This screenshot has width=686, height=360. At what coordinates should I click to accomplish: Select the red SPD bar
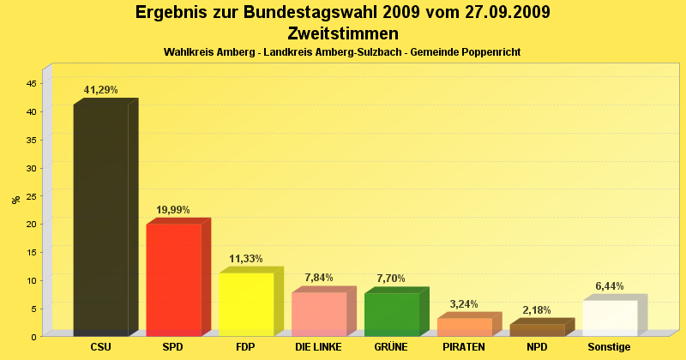[x=173, y=279]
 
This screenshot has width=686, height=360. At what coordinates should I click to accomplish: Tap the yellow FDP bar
[x=246, y=303]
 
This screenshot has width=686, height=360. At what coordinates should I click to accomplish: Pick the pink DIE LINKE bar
[x=319, y=314]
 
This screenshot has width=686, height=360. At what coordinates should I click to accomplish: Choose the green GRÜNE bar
[x=392, y=314]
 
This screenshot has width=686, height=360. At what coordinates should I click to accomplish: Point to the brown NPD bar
[x=537, y=329]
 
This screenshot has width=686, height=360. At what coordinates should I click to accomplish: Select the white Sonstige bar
[x=610, y=317]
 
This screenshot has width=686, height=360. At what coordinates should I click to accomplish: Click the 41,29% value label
[x=100, y=90]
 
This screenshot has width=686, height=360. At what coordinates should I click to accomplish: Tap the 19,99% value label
[x=173, y=210]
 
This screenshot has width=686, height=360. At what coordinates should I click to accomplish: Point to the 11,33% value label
[x=246, y=259]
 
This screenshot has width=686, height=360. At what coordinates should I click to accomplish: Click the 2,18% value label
[x=537, y=310]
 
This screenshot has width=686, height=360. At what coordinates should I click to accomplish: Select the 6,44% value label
[x=610, y=286]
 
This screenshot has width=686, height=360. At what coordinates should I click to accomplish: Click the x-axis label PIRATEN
[x=464, y=347]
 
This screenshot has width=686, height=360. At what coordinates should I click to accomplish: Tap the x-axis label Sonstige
[x=609, y=347]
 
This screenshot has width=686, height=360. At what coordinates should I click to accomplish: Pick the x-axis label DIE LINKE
[x=318, y=347]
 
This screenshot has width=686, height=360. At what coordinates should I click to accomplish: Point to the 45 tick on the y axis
[x=31, y=83]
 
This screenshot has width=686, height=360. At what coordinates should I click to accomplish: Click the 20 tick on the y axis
[x=31, y=224]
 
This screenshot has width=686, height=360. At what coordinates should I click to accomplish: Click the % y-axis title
[x=15, y=200]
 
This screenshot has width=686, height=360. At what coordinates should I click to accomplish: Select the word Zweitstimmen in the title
[x=343, y=34]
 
